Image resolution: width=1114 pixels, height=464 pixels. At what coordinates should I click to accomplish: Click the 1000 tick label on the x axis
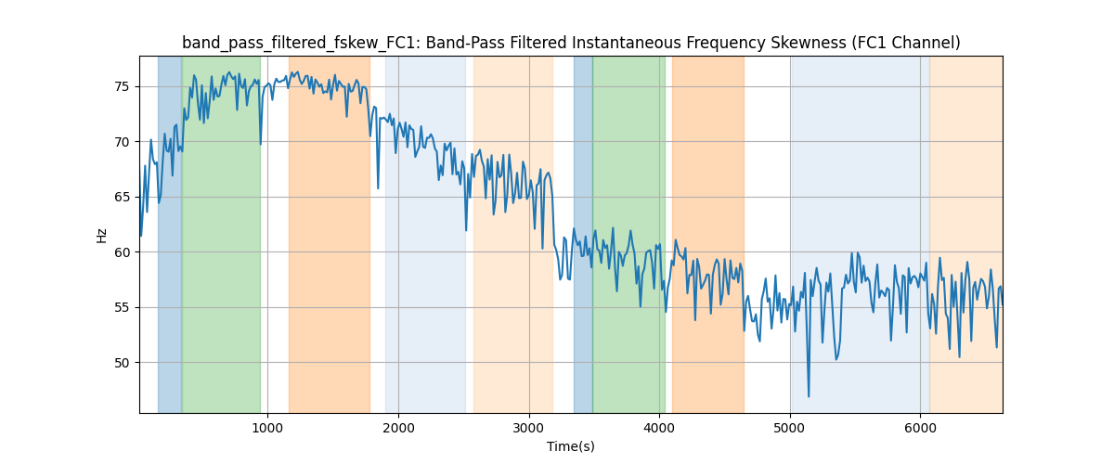267,427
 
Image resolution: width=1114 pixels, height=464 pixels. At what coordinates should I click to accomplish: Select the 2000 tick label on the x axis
398,427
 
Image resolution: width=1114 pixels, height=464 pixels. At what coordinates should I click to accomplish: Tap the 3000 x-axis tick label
529,427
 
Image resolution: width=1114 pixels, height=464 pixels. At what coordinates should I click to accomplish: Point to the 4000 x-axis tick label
659,427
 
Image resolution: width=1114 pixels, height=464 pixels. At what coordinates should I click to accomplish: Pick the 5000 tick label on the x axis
790,427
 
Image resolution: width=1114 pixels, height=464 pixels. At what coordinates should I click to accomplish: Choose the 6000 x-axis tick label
920,427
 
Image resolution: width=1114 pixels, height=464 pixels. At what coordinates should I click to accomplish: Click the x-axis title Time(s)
571,446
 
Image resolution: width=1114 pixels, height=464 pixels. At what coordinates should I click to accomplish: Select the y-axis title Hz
101,235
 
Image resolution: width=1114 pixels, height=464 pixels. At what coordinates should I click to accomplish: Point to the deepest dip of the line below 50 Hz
809,396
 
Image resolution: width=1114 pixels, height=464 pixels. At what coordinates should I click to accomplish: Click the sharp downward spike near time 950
261,143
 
